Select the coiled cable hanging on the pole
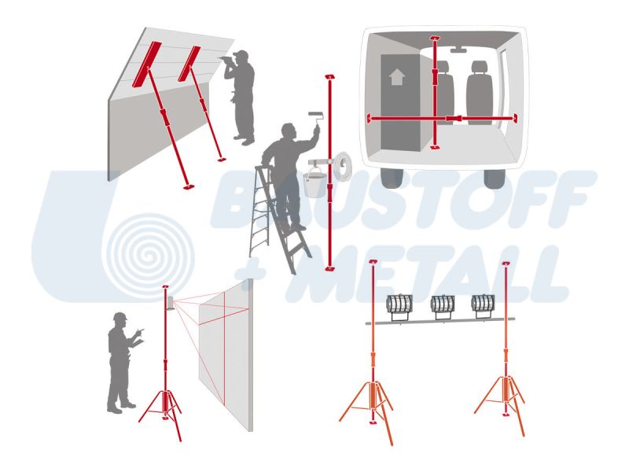pos(342,164)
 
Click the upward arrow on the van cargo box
pos(397,76)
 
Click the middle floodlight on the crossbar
pos(443,307)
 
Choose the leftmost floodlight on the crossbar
pos(399,307)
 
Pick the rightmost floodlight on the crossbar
pos(483,306)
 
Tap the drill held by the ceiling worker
pos(225,60)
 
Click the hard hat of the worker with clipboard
pos(120,316)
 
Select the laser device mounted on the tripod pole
pos(171,303)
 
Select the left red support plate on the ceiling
pos(146,64)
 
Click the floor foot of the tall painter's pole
pos(329,267)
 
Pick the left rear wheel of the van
pos(392,179)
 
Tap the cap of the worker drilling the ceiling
pos(241,54)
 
